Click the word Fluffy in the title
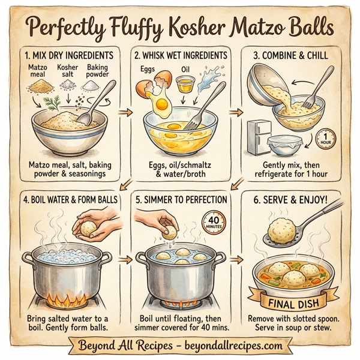pos(142,28)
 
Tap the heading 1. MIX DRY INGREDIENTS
pos(67,55)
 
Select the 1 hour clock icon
pos(325,139)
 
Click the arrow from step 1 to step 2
pos(125,111)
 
